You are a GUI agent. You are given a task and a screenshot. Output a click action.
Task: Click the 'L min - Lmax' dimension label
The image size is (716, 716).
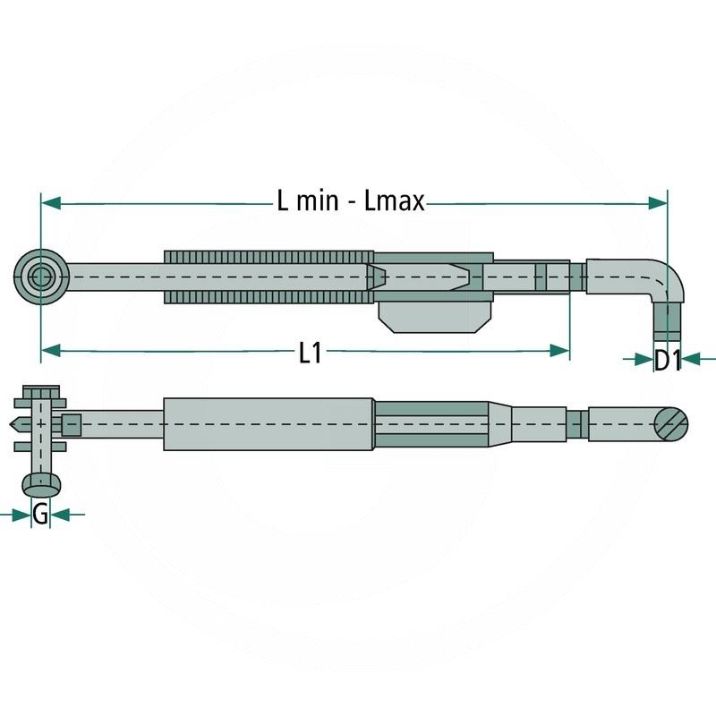(x=351, y=200)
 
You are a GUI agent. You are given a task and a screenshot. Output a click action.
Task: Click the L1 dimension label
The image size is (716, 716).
(x=310, y=353)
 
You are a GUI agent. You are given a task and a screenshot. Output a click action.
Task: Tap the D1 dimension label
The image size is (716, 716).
(x=667, y=361)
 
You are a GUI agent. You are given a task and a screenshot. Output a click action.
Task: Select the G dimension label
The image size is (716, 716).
(x=40, y=515)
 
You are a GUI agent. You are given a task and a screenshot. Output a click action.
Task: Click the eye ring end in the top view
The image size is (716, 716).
(x=41, y=277)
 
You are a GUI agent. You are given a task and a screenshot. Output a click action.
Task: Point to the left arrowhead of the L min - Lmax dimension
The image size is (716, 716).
(x=51, y=203)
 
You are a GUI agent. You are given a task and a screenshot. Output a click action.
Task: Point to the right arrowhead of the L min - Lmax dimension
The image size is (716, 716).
(x=658, y=203)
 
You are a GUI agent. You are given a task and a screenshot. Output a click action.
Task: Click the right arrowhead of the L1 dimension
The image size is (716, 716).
(x=560, y=351)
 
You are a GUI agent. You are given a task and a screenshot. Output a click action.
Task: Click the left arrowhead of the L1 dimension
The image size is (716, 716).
(x=51, y=351)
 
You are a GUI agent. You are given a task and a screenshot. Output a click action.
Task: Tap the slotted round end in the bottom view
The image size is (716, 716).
(x=670, y=424)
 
